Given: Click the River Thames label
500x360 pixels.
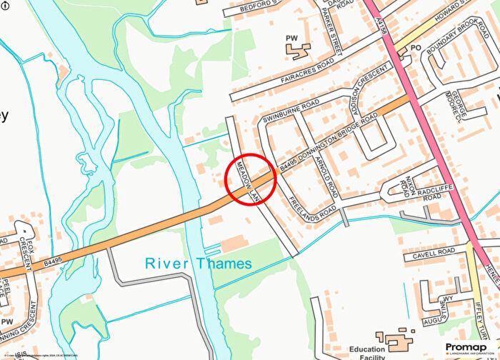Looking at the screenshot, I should click(199, 264).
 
